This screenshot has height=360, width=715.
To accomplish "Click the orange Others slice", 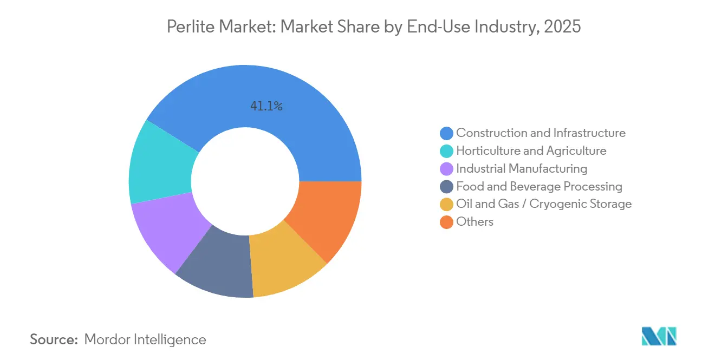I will tap(328, 217).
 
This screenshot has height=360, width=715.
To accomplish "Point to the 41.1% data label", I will tap(266, 107).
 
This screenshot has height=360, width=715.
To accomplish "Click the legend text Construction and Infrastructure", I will tap(541, 133).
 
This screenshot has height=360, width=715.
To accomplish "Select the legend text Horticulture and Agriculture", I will tap(531, 150).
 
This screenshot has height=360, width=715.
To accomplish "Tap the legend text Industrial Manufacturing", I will tap(522, 168).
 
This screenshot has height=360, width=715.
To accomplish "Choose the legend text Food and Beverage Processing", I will tap(539, 186).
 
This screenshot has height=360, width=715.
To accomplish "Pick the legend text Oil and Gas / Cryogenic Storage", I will tap(544, 204).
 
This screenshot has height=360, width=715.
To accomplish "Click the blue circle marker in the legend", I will tap(446, 133).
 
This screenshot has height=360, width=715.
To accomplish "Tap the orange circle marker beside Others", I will tap(446, 222).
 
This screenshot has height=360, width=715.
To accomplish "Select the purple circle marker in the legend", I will tap(446, 169).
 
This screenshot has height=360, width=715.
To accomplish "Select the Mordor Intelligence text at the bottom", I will tap(145, 339).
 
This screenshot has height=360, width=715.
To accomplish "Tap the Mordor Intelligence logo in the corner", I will tap(659, 337).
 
